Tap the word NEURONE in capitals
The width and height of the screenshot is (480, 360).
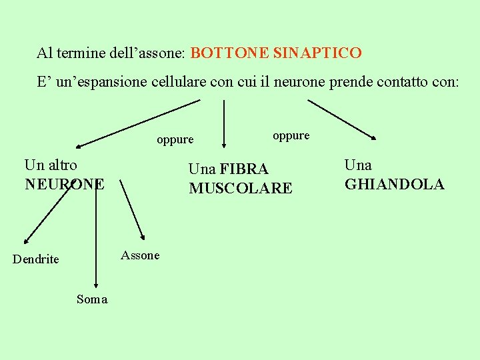point(65,183)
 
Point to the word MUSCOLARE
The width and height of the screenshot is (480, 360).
point(240,189)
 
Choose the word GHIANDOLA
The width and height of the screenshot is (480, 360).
point(394,185)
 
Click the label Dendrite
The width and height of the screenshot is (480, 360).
point(35,259)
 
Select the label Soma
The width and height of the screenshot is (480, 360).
point(92,299)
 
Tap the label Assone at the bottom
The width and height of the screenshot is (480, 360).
point(140,255)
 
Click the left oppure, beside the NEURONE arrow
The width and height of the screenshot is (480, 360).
point(175,140)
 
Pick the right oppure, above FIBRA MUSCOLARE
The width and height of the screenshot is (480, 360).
point(291,135)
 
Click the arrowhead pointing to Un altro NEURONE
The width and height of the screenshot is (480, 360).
point(79,145)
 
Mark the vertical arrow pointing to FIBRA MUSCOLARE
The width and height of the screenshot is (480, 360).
point(224,123)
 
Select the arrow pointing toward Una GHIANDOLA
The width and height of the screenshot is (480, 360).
point(341,119)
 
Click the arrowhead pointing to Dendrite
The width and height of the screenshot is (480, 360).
point(26,241)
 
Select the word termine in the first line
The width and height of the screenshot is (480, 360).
point(93,53)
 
